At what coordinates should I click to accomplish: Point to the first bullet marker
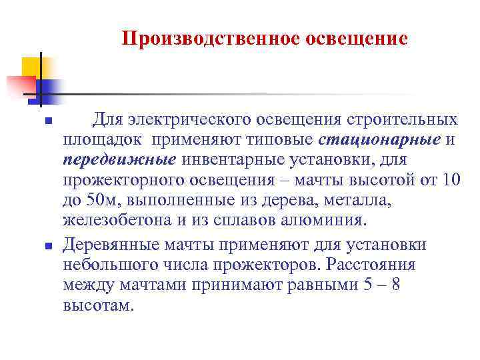[x=47, y=121]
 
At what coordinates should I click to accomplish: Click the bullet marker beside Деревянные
[x=47, y=247]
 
